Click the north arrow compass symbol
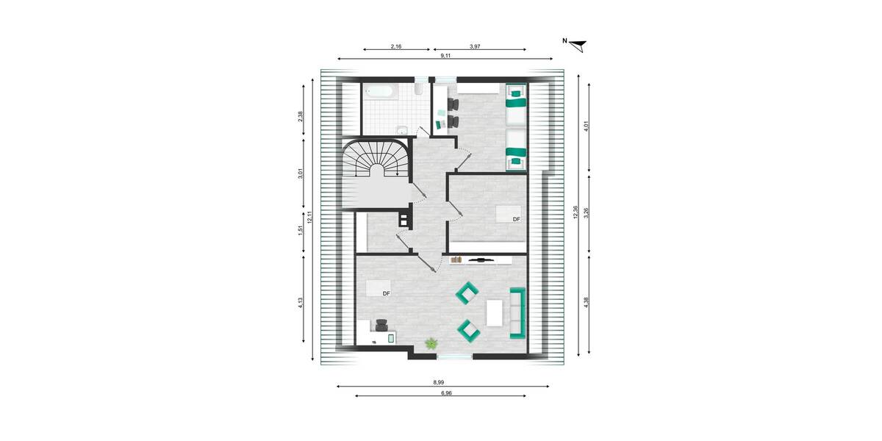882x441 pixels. [579, 46]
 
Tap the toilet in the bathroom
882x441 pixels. [417, 90]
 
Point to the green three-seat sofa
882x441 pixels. [517, 312]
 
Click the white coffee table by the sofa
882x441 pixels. [494, 312]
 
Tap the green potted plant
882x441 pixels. [431, 343]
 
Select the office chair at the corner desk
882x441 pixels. [381, 324]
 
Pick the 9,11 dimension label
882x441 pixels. [445, 55]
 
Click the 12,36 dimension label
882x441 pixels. [576, 212]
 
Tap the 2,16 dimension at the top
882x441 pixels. [395, 46]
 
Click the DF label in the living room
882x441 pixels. [386, 293]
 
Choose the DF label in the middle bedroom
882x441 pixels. [516, 219]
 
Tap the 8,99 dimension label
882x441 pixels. [438, 382]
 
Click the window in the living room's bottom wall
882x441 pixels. [454, 356]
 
